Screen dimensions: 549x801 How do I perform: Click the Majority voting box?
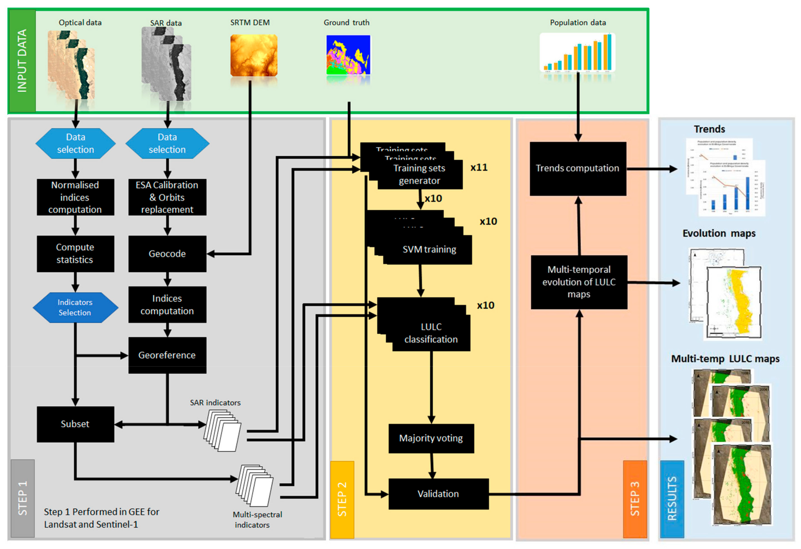pyautogui.click(x=431, y=438)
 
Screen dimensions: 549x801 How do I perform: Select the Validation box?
pyautogui.click(x=438, y=494)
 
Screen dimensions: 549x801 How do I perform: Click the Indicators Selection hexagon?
pyautogui.click(x=75, y=308)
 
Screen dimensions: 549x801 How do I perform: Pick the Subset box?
pyautogui.click(x=75, y=424)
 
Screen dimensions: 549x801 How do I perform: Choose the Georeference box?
pyautogui.click(x=167, y=355)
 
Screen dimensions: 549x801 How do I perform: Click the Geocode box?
pyautogui.click(x=167, y=254)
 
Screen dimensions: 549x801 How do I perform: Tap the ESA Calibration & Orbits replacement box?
pyautogui.click(x=167, y=197)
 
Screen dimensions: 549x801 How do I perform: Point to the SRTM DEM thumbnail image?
pyautogui.click(x=254, y=55)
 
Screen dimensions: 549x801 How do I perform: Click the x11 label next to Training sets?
pyautogui.click(x=479, y=168)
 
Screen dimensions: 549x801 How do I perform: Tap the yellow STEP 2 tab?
pyautogui.click(x=342, y=499)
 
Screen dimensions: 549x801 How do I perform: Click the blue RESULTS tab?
pyautogui.click(x=672, y=499)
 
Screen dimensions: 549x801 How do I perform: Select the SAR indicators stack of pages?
pyautogui.click(x=223, y=430)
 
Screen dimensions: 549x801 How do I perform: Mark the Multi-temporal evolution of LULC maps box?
pyautogui.click(x=579, y=282)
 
